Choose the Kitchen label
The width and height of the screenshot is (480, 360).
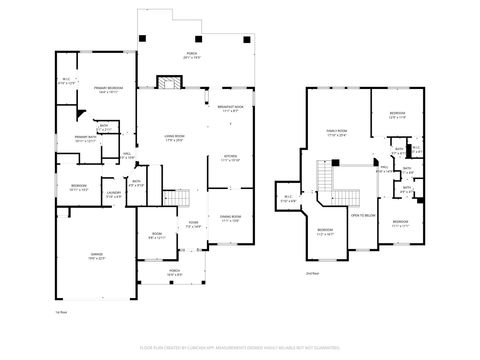pyautogui.click(x=229, y=157)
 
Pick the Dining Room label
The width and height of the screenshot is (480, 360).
pyautogui.click(x=229, y=218)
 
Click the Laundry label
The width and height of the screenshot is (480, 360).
pyautogui.click(x=113, y=193)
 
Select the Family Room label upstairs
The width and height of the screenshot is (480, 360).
pyautogui.click(x=336, y=131)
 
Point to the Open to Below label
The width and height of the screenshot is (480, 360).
pyautogui.click(x=362, y=214)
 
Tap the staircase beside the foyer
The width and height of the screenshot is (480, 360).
pyautogui.click(x=180, y=196)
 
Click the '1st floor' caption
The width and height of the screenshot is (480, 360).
pyautogui.click(x=60, y=312)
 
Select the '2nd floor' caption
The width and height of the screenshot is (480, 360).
pyautogui.click(x=312, y=273)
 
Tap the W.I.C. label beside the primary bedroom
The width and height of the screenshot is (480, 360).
pyautogui.click(x=67, y=81)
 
